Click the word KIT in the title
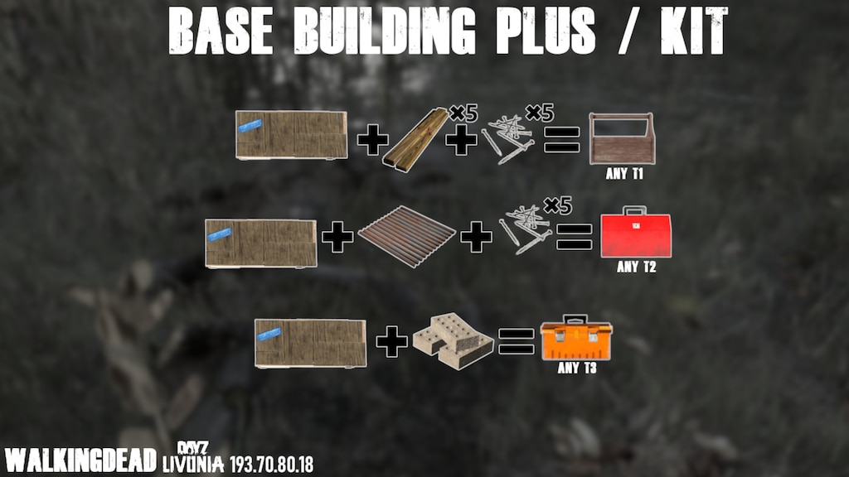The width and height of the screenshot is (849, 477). click(694, 31)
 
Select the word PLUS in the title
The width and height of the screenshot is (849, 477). click(545, 31)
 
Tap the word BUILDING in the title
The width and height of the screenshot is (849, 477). click(384, 31)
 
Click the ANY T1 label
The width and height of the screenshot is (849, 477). click(623, 174)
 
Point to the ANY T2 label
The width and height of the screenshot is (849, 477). click(636, 267)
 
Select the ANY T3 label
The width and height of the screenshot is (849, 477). click(577, 368)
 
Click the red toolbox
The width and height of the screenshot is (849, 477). click(636, 232)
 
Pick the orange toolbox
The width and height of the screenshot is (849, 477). click(576, 338)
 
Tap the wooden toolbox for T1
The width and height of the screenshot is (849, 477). click(622, 138)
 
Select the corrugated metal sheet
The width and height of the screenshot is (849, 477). click(406, 236)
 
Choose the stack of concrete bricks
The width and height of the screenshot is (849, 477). click(453, 340)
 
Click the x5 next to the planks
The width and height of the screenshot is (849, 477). click(464, 113)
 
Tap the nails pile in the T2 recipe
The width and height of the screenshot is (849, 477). click(525, 229)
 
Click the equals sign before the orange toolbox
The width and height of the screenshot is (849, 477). click(516, 341)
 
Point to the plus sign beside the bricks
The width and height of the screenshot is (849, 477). click(391, 341)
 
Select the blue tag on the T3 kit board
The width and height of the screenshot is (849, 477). click(269, 335)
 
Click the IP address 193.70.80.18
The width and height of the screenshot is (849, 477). click(271, 464)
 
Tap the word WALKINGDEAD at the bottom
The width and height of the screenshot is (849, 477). click(80, 460)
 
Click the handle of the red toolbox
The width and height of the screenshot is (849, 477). click(634, 210)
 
